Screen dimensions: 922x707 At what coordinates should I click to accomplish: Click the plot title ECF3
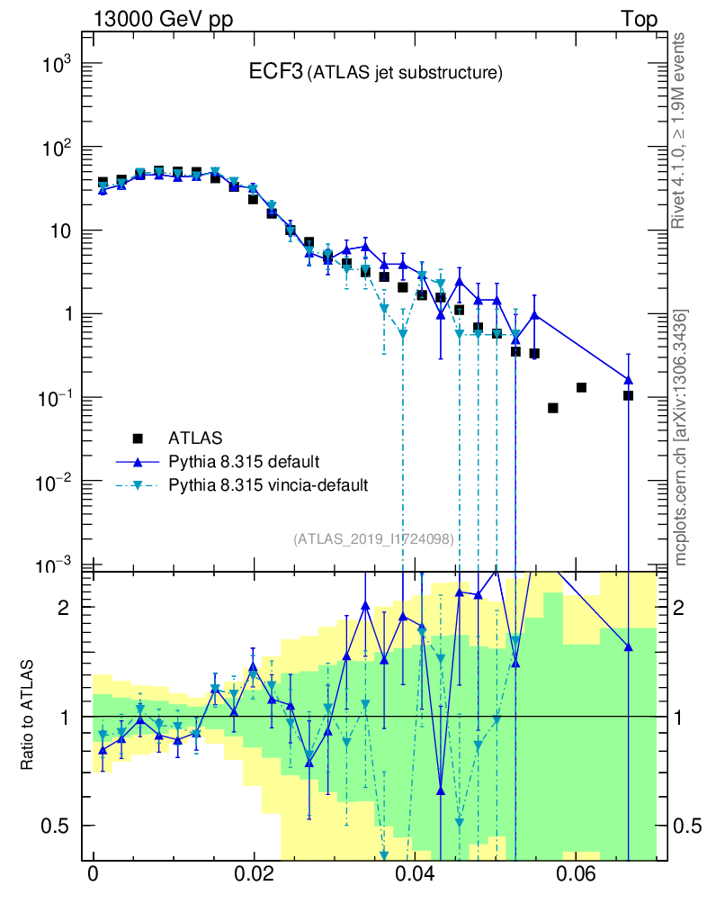(275, 73)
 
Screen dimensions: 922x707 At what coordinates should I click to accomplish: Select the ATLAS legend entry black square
(139, 438)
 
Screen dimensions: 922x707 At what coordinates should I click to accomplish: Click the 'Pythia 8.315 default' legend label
(244, 462)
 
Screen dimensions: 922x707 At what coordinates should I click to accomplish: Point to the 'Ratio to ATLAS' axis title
(29, 715)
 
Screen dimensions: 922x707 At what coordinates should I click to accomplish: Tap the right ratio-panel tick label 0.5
(688, 826)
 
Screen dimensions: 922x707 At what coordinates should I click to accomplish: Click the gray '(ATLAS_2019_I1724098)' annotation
(373, 538)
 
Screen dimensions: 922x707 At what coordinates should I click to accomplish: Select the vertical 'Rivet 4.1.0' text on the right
(681, 131)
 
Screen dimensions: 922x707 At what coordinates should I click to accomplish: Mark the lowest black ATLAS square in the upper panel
(552, 408)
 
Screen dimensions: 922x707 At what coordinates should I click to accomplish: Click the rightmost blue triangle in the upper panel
(628, 379)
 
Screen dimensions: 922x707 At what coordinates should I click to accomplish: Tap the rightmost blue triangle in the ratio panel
(628, 646)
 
